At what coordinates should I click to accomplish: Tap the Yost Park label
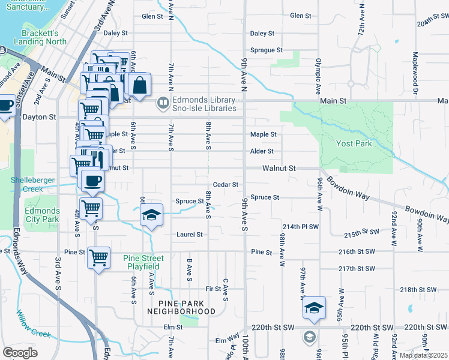coord(354,144)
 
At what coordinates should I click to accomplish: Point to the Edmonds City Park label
coord(42,215)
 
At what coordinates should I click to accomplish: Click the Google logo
coord(19,353)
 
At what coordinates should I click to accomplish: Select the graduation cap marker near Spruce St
coord(151,215)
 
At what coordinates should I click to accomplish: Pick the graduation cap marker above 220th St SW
coord(314,307)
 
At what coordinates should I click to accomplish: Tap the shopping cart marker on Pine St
coord(98,257)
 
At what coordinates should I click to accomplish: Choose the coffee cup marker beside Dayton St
coord(5,106)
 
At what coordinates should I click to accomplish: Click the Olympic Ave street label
coord(318,76)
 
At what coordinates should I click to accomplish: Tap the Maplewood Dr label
coord(415,73)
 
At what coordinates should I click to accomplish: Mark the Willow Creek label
coord(28,323)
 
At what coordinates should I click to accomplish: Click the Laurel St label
coord(188,234)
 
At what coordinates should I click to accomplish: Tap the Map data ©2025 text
coord(424,355)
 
